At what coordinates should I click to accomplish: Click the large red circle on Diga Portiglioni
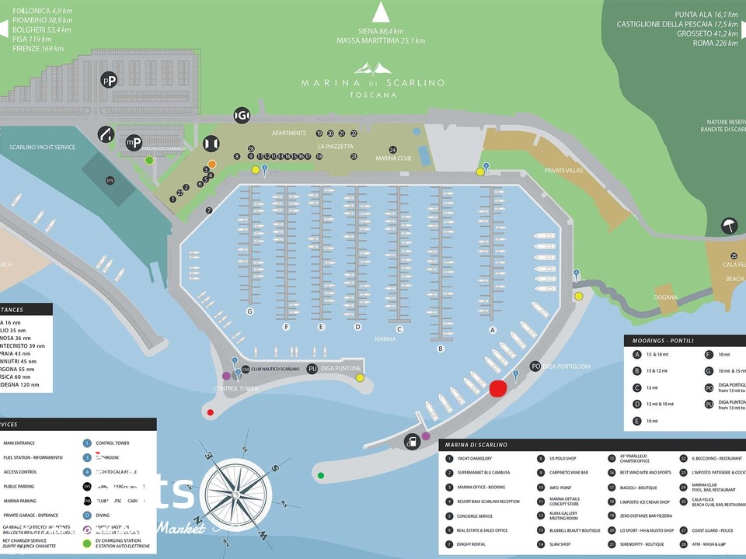coord(498,388)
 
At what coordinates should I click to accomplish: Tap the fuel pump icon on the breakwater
coord(410,442)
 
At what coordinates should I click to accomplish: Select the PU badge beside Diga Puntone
coord(312,369)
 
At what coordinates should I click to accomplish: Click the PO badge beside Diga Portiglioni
coord(535,366)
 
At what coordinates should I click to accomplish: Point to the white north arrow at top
coord(380,12)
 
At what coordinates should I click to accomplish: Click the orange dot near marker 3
coord(211,164)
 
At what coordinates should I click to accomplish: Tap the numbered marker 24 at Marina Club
coord(392,150)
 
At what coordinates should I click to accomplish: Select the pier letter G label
coord(250,311)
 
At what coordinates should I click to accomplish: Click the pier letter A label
coord(492,329)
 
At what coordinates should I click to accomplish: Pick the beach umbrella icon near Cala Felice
coord(728,227)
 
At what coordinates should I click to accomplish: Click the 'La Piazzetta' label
coord(335,146)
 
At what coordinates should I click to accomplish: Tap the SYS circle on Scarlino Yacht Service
coord(110,180)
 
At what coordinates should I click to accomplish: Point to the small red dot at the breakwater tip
coord(211,412)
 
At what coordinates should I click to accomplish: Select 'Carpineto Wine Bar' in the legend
coord(570,471)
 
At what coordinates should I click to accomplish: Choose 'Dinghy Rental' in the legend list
coord(471,543)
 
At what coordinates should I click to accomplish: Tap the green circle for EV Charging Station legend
coord(87,543)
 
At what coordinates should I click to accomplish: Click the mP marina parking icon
coord(134,142)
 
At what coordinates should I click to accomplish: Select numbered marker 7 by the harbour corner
coord(209,210)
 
